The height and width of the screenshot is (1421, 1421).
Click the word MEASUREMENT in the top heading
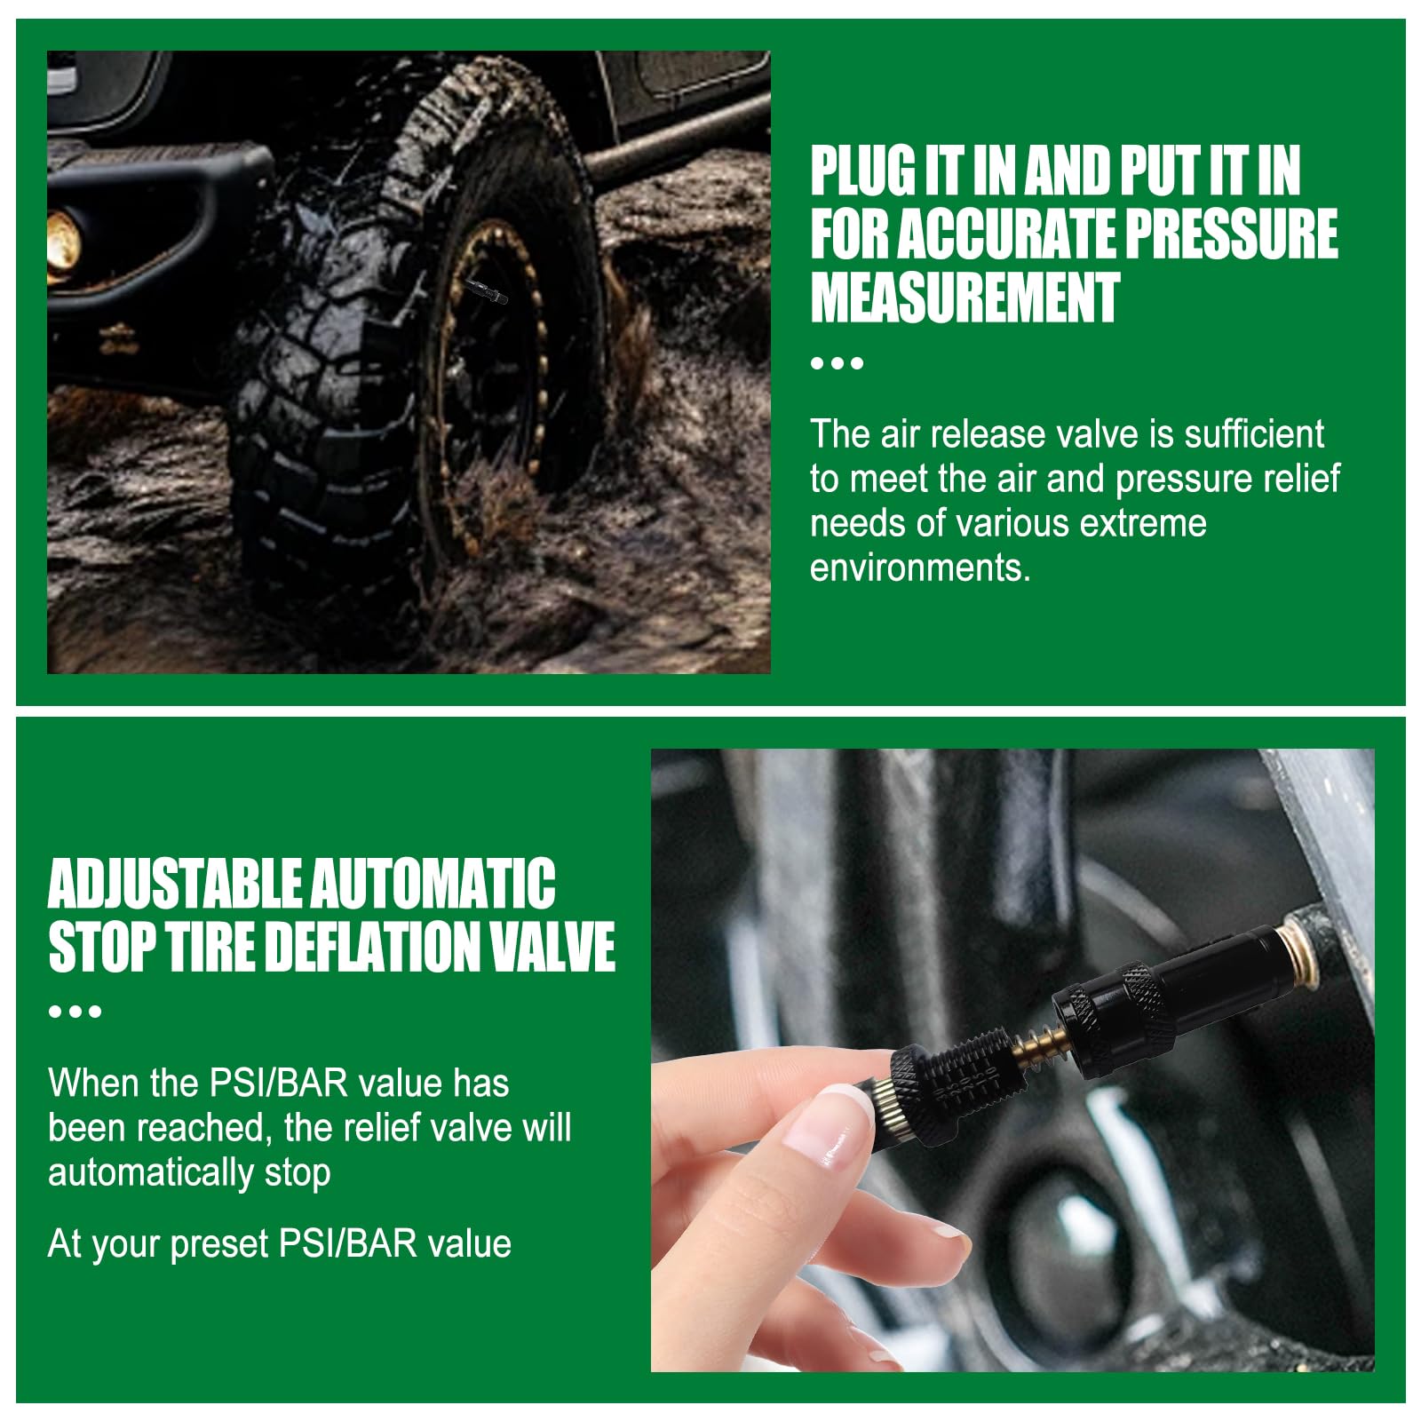(x=965, y=298)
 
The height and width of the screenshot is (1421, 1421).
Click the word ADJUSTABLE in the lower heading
(x=174, y=884)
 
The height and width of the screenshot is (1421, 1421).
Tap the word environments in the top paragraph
(x=919, y=568)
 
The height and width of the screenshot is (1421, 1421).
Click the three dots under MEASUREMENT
(x=837, y=363)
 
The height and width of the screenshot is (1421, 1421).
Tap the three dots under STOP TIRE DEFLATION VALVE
(x=75, y=1012)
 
